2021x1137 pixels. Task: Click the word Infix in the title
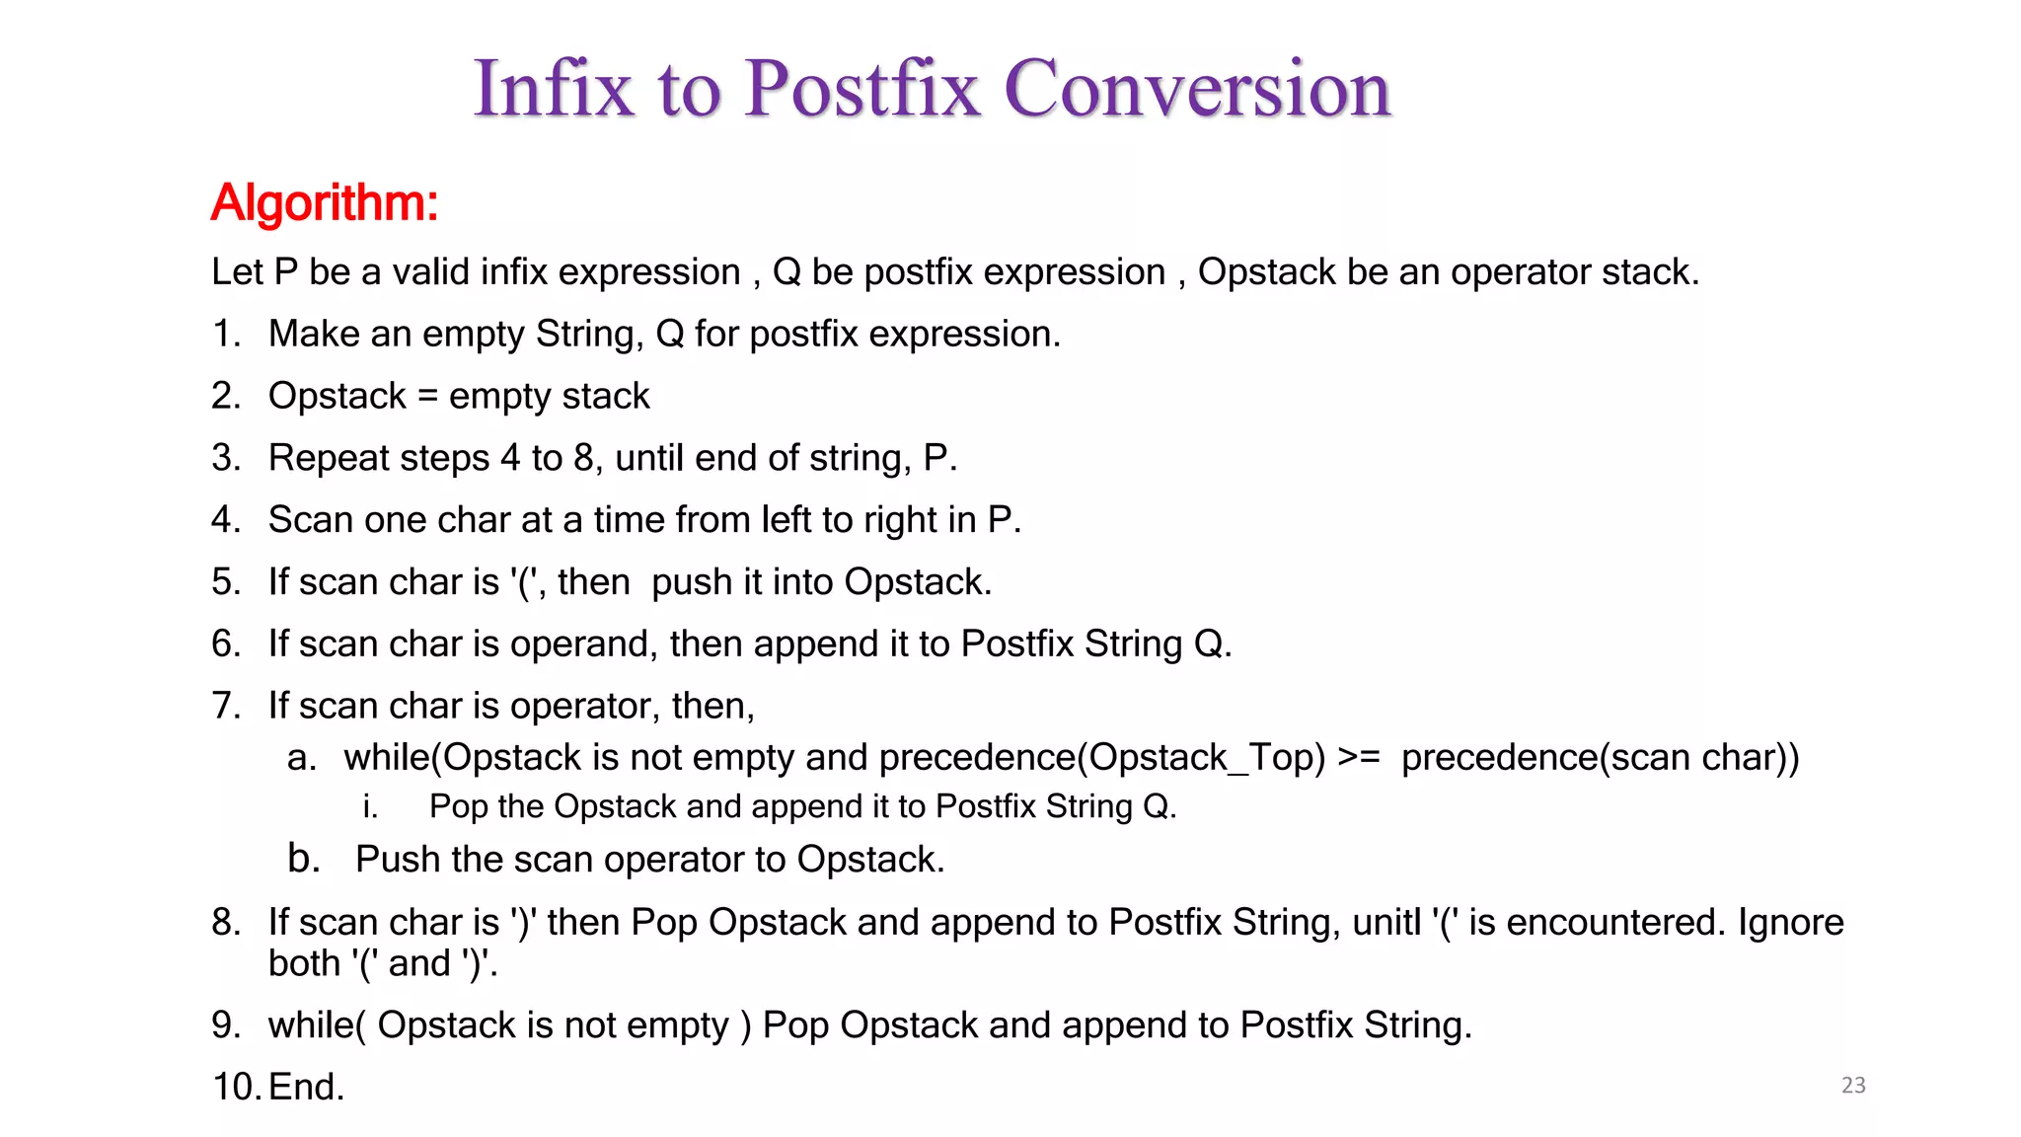(553, 89)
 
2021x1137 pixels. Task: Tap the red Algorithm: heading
(324, 203)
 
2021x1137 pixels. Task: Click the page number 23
(1853, 1086)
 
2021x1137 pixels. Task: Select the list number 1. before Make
(226, 335)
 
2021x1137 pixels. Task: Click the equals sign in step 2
(427, 397)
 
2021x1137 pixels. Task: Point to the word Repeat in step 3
(325, 459)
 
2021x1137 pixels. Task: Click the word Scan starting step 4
(310, 520)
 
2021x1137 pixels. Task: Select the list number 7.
(226, 707)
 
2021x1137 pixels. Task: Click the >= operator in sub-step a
(1358, 758)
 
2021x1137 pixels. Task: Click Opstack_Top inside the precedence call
(1206, 758)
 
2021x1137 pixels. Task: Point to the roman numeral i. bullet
(370, 807)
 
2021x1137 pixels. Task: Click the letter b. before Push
(304, 860)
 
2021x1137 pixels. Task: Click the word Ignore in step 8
(1790, 923)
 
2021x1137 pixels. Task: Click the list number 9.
(226, 1025)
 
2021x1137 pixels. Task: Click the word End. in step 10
(306, 1088)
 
